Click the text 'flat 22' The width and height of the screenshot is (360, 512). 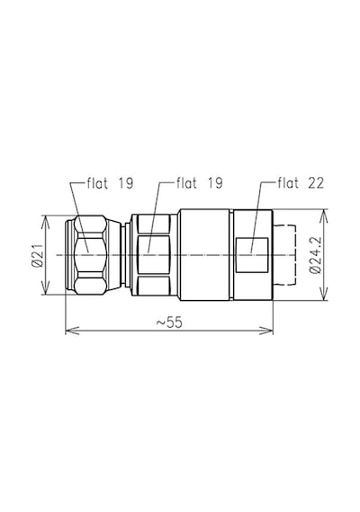point(301,183)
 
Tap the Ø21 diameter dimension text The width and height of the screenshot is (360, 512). point(37,255)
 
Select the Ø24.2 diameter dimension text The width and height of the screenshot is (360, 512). point(316,255)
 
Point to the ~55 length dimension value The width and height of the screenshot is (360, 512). point(169,322)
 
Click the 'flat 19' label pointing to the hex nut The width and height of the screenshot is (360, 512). point(110,183)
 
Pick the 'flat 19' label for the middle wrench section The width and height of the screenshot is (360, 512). point(200,183)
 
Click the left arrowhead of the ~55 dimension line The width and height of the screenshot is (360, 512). point(72,331)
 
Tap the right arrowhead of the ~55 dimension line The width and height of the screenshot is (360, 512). point(266,331)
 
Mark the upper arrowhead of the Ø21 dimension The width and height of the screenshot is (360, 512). point(45,222)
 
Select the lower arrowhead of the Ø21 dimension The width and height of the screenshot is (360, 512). point(45,287)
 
